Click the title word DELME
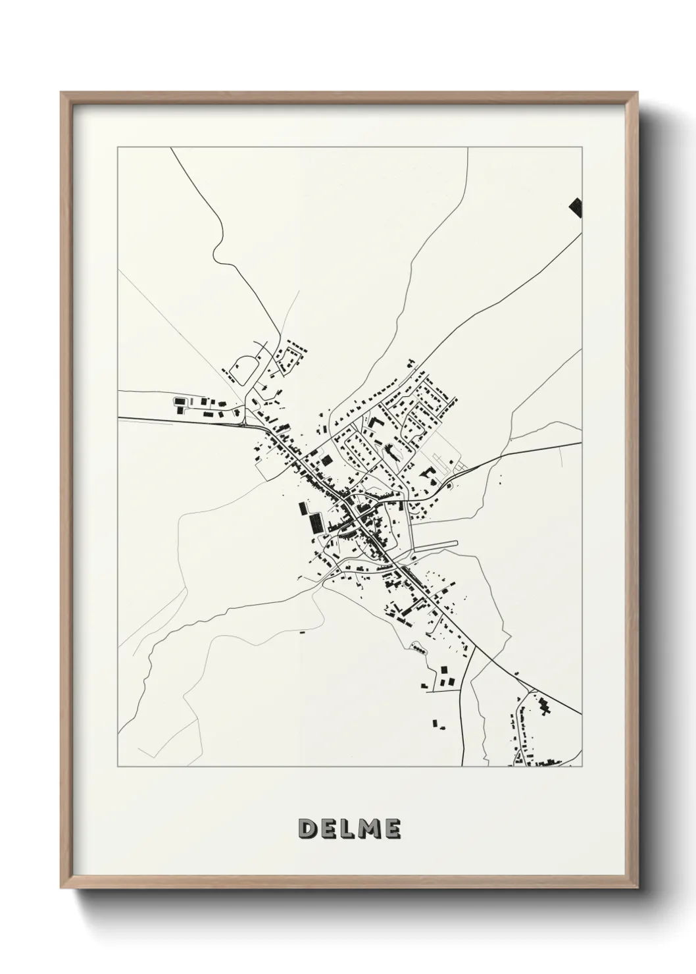click(x=349, y=829)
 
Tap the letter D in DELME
click(x=307, y=829)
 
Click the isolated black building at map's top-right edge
click(x=576, y=207)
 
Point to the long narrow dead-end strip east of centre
click(x=434, y=544)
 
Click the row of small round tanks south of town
click(x=418, y=649)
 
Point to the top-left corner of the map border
click(x=118, y=147)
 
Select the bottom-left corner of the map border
click(x=118, y=767)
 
